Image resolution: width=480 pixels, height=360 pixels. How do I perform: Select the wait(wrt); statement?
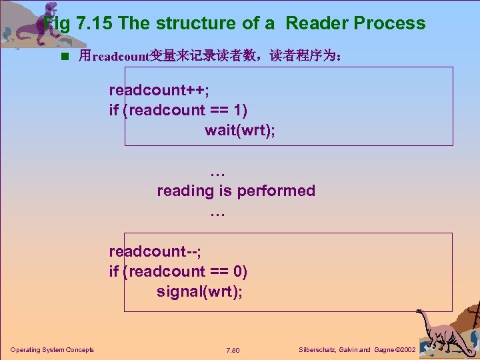pyautogui.click(x=240, y=130)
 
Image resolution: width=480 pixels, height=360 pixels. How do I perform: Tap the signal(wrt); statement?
pyautogui.click(x=200, y=291)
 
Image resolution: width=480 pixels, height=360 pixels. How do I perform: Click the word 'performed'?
pyautogui.click(x=276, y=191)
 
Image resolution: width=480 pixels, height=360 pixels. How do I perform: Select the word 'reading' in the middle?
pyautogui.click(x=186, y=191)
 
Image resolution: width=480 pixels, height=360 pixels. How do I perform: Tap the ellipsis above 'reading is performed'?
pyautogui.click(x=217, y=171)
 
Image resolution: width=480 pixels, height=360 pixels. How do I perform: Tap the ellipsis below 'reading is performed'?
pyautogui.click(x=217, y=211)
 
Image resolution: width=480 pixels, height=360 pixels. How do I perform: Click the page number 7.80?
pyautogui.click(x=233, y=350)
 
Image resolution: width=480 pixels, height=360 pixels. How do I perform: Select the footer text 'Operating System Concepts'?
pyautogui.click(x=52, y=350)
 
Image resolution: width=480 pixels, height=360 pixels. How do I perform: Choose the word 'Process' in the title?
pyautogui.click(x=389, y=23)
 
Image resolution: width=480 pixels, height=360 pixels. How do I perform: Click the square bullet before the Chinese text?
pyautogui.click(x=65, y=56)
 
